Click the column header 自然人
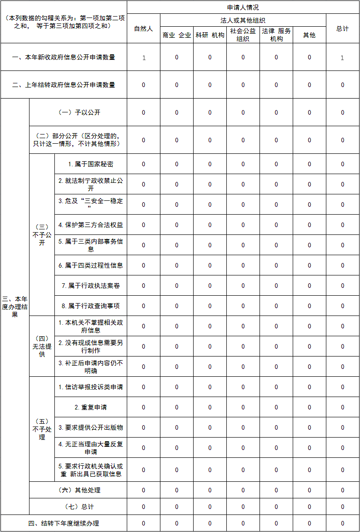click(x=143, y=29)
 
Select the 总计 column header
click(x=342, y=29)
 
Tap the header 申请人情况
click(x=243, y=7)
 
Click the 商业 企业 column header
click(x=177, y=35)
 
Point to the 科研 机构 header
click(x=210, y=35)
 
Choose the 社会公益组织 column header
click(x=243, y=35)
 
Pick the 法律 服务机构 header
click(x=276, y=35)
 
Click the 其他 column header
click(x=309, y=35)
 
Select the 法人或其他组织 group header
click(x=243, y=20)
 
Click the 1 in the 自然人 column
click(x=144, y=58)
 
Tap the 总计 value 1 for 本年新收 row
click(x=342, y=58)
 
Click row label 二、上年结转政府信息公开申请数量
click(x=64, y=85)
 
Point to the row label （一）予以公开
click(x=78, y=112)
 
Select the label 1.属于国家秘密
click(x=90, y=164)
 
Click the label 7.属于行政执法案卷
click(x=90, y=286)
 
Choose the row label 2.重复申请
click(x=90, y=407)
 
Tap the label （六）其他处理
click(x=78, y=490)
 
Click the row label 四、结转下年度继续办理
click(x=64, y=523)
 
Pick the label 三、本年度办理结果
click(x=15, y=307)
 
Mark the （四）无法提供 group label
click(x=42, y=346)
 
